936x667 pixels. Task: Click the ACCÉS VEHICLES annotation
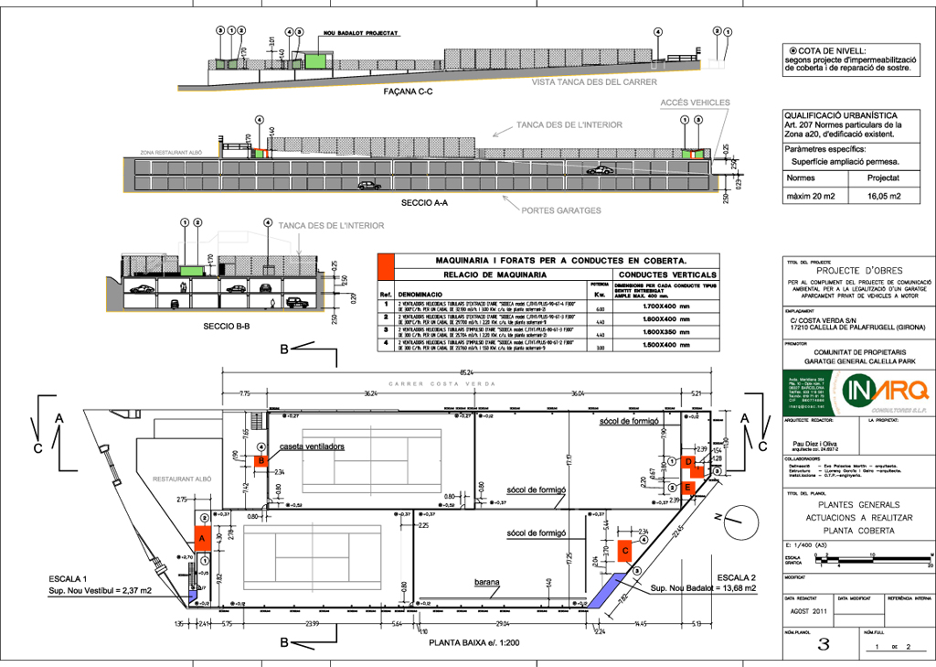[x=694, y=102]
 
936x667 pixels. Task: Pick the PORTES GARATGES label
[x=563, y=210]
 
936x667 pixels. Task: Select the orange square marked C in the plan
[x=625, y=550]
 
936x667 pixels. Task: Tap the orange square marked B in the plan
[x=261, y=461]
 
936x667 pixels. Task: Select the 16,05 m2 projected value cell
[x=883, y=196]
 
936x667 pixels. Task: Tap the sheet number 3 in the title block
[x=823, y=644]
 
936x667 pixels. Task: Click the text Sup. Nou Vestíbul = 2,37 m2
[x=100, y=590]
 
